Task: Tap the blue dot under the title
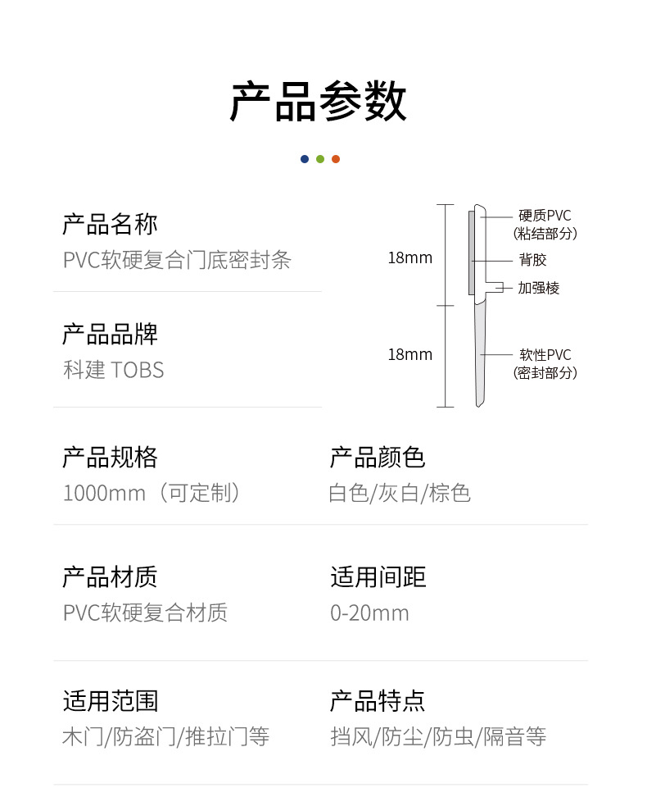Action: [305, 159]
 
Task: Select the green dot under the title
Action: [320, 159]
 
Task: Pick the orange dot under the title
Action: [336, 159]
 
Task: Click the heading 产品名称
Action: [110, 224]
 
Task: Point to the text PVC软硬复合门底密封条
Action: [177, 260]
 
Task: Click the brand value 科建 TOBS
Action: [113, 370]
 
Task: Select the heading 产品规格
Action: [110, 457]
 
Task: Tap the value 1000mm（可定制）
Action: [154, 493]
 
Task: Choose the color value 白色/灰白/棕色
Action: [400, 493]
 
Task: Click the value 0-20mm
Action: [369, 613]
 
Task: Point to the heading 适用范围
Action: [110, 701]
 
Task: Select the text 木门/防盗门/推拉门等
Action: [165, 736]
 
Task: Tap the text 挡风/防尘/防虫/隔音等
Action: [438, 736]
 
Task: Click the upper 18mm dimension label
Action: [409, 258]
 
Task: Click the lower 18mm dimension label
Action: [409, 355]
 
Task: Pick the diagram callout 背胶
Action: [532, 260]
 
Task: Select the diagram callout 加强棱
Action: [539, 288]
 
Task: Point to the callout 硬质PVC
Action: [545, 216]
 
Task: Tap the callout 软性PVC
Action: [545, 355]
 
